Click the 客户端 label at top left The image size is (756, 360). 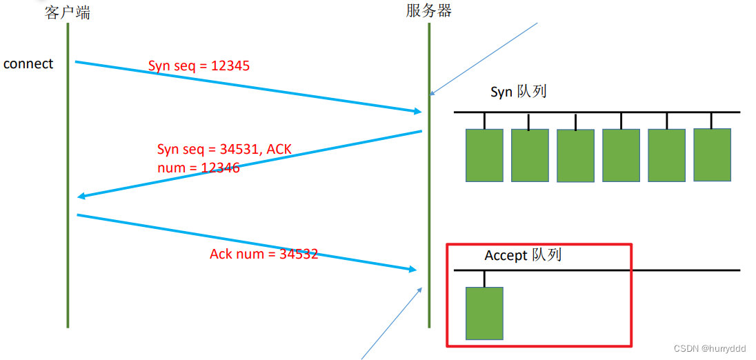(x=68, y=12)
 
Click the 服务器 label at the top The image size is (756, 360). (x=429, y=10)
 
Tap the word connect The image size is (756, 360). (x=28, y=64)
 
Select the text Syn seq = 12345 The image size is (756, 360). (x=199, y=66)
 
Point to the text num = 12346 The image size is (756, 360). (x=199, y=167)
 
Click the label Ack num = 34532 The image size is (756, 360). (x=263, y=254)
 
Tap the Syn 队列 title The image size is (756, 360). (x=518, y=92)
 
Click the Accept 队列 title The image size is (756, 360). (x=523, y=255)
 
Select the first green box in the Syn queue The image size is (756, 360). (x=484, y=155)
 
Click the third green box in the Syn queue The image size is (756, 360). (x=575, y=156)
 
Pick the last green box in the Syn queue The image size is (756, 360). (x=712, y=155)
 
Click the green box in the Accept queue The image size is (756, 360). (x=484, y=313)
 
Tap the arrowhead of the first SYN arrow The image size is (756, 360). (x=417, y=111)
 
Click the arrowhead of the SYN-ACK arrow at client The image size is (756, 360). (x=81, y=197)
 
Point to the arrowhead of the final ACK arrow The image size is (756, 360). (x=414, y=270)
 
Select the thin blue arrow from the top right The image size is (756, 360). (x=483, y=59)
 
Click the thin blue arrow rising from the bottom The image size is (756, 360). (x=391, y=323)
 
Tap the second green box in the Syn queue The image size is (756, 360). (x=530, y=155)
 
